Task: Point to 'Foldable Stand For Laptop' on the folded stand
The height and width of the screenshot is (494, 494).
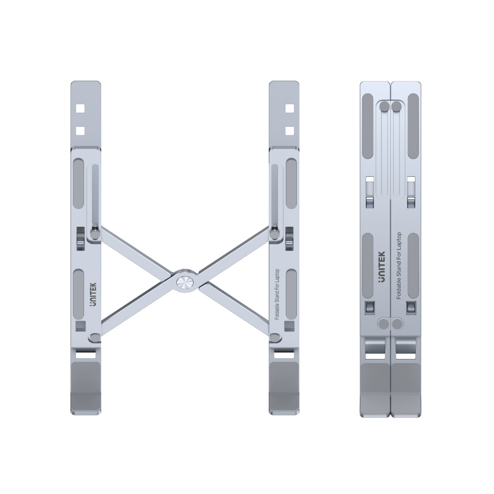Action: (399, 265)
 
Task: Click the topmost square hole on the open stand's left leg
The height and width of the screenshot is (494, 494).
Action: (82, 108)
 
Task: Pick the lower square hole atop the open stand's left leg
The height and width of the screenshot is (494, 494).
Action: (82, 131)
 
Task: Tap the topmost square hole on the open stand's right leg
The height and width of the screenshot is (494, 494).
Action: (289, 108)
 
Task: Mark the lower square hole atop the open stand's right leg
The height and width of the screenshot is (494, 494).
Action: (289, 131)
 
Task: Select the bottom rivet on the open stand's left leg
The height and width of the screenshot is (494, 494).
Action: (94, 338)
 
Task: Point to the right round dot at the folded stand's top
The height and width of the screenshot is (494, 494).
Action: (396, 106)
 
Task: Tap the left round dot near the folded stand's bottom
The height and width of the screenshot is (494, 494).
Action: (384, 324)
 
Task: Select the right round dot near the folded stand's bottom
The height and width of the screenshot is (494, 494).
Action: (397, 324)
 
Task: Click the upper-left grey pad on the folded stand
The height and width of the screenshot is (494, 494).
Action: (368, 126)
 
